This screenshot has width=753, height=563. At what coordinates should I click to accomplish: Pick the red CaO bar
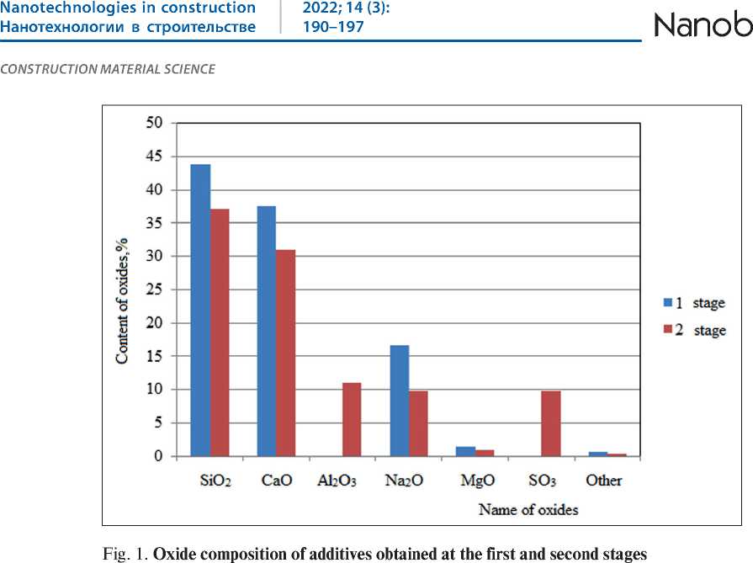tap(286, 353)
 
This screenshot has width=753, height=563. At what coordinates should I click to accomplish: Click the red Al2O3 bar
tap(352, 419)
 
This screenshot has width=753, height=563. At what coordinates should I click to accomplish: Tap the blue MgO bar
tap(465, 451)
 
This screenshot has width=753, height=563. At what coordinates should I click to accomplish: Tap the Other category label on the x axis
tap(604, 481)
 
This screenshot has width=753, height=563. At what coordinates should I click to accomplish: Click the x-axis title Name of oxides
tap(528, 509)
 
